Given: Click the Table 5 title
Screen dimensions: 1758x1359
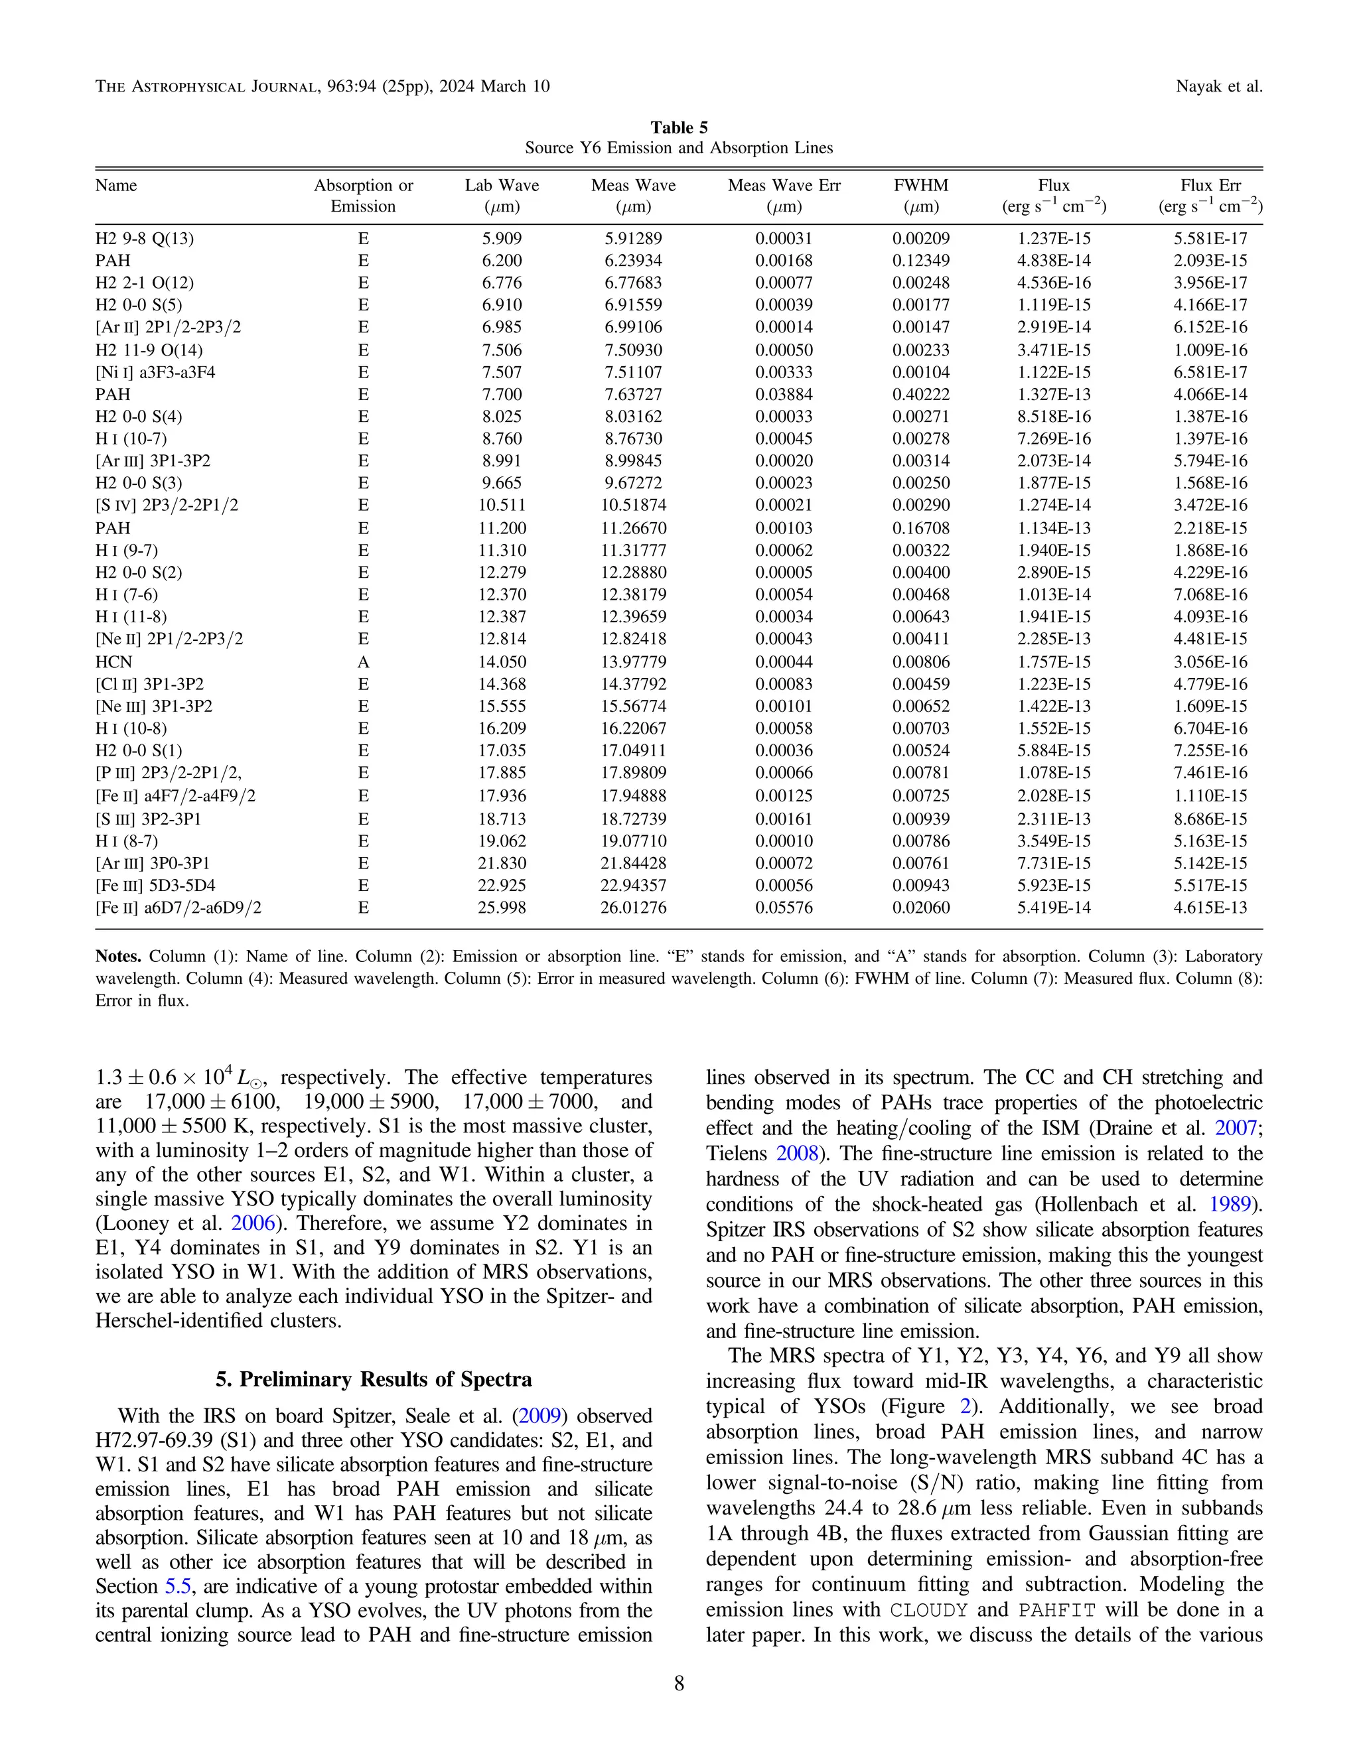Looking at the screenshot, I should tap(679, 127).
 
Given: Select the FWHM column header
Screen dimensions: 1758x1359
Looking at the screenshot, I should tap(920, 185).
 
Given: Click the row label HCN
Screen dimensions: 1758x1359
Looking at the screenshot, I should tap(113, 661).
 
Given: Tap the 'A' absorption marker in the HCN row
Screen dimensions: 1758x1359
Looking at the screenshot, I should tap(363, 661).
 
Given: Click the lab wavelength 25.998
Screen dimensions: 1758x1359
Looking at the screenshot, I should tap(502, 907).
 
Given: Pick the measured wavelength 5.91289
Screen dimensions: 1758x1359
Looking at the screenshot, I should tap(633, 238).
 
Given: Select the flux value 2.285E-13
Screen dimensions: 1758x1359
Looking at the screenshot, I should tap(1054, 639).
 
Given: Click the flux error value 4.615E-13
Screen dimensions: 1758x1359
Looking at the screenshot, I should tap(1210, 907).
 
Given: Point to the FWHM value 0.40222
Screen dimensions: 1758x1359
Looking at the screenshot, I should tap(920, 395).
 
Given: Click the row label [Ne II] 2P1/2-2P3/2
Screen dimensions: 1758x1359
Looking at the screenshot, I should tap(169, 639).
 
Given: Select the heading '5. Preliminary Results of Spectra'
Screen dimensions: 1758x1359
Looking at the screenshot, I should tap(374, 1380).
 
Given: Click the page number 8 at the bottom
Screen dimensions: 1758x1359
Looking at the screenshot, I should tap(679, 1684).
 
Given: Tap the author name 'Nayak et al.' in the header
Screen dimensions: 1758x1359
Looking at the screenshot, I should tap(1219, 86).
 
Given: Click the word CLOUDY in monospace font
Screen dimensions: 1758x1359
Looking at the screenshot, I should tap(929, 1611).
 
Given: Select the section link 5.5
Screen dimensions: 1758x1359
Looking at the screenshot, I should tap(179, 1587).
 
